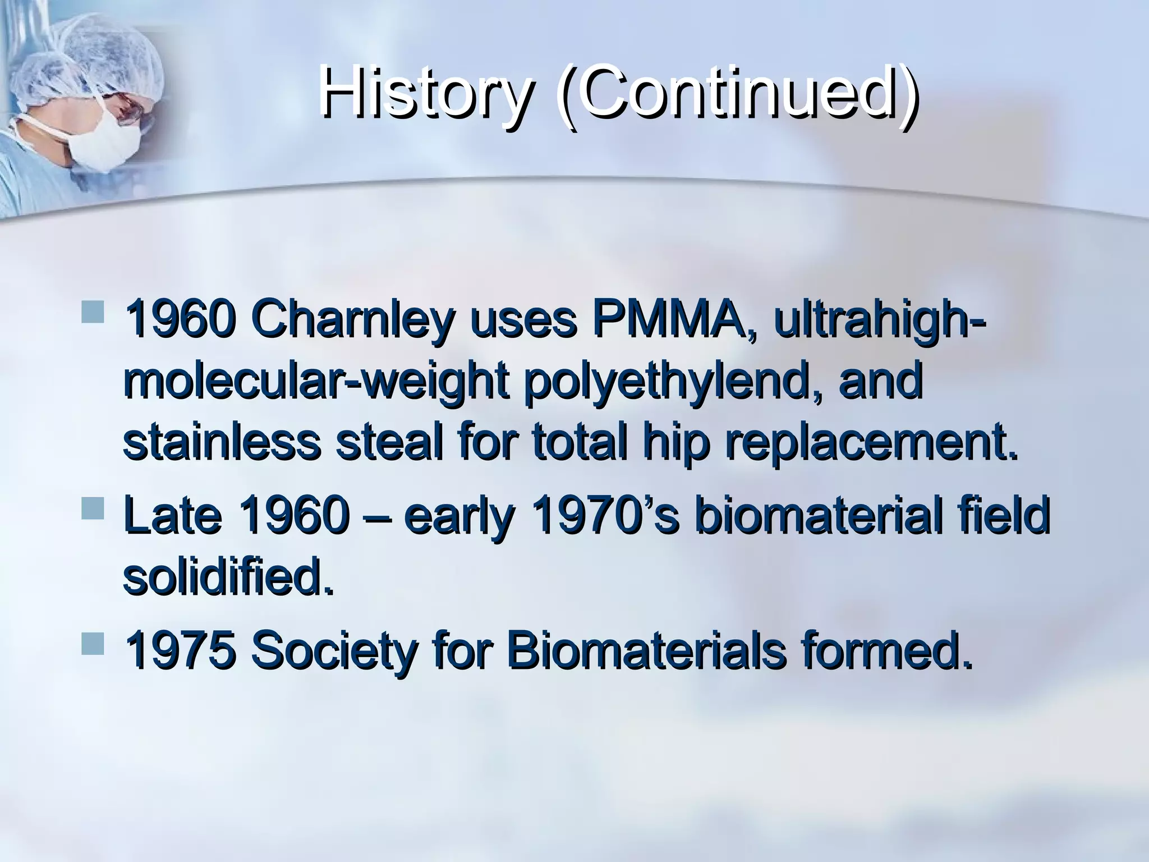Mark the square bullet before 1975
(93, 644)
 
